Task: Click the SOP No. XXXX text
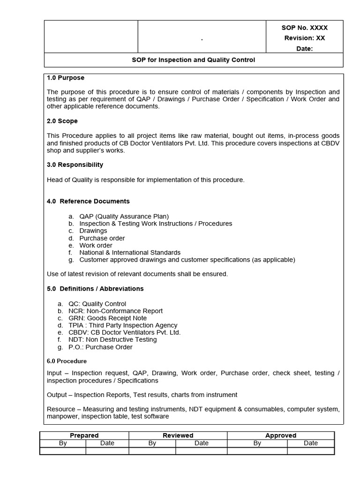tap(305, 28)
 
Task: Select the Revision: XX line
tap(305, 38)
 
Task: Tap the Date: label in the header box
tap(305, 49)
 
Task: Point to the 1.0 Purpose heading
tap(66, 78)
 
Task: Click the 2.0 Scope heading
tap(62, 121)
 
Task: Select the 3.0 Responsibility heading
tap(75, 165)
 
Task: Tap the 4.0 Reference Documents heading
tap(88, 202)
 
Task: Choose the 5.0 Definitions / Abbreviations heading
tap(95, 289)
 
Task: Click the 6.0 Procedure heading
tap(67, 361)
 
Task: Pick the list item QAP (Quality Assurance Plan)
tap(124, 217)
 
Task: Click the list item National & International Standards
tap(130, 253)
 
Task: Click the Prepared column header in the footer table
tap(84, 435)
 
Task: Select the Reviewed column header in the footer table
tap(178, 435)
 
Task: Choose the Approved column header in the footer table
tap(281, 435)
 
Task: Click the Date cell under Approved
tap(310, 443)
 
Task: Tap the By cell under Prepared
tap(63, 443)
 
